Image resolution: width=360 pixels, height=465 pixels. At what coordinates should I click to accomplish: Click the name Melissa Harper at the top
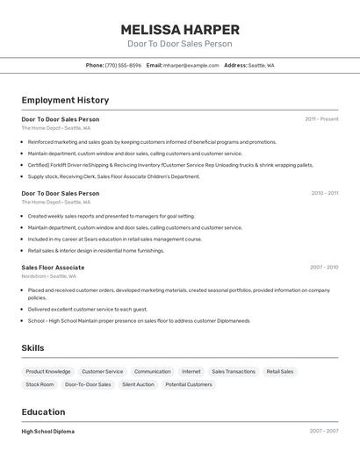[180, 30]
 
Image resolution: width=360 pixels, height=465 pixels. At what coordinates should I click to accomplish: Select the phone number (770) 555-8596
[123, 66]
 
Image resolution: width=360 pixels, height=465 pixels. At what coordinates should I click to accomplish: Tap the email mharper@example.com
[191, 66]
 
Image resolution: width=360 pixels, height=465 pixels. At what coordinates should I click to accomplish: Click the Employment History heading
[65, 100]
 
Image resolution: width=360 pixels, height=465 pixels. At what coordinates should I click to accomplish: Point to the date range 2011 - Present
[321, 119]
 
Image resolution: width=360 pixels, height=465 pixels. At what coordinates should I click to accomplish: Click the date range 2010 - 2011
[324, 193]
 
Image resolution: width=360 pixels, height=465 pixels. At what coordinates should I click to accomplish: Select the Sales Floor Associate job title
[53, 268]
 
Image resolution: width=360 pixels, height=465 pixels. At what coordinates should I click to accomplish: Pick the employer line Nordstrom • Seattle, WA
[50, 276]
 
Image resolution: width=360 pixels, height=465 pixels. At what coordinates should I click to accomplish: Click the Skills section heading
[32, 348]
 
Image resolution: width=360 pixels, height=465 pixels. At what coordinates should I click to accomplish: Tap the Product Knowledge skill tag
[48, 371]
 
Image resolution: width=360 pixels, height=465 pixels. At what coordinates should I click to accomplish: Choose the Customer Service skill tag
[102, 371]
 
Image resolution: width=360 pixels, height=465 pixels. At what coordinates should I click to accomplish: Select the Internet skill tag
[191, 371]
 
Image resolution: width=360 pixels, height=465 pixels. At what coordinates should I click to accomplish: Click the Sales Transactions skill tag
[234, 371]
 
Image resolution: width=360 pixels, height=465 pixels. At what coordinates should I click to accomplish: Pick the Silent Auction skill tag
[138, 384]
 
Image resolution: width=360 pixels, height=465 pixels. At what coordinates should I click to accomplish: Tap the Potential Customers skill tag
[188, 384]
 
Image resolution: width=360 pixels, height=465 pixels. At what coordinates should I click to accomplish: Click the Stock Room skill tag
[40, 384]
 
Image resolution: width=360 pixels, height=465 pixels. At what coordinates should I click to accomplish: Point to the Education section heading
[43, 412]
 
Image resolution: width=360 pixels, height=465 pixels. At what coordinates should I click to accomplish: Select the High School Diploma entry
[47, 432]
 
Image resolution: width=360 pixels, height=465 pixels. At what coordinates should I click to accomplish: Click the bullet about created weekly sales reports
[111, 216]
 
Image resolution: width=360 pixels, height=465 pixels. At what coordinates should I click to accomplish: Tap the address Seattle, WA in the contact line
[262, 66]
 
